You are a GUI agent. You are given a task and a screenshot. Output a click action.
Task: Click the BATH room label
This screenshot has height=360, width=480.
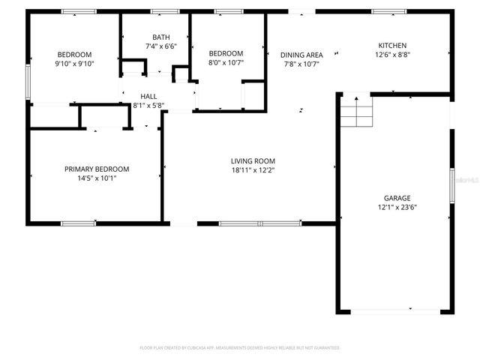tap(161, 37)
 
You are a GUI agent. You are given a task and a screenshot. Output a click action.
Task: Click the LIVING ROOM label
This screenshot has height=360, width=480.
tap(253, 160)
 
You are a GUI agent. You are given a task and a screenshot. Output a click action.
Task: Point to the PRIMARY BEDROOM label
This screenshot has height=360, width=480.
tap(96, 169)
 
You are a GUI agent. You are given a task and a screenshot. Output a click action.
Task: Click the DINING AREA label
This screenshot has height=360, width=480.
tap(301, 55)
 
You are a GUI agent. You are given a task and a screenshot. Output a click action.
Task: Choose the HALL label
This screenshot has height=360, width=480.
tap(148, 97)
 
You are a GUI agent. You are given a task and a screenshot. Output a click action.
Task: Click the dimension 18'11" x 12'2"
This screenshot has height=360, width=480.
tap(253, 169)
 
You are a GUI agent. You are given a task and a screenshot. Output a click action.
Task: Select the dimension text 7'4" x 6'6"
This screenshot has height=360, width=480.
tap(161, 46)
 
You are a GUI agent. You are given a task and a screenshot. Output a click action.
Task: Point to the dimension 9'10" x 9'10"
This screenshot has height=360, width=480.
tap(74, 63)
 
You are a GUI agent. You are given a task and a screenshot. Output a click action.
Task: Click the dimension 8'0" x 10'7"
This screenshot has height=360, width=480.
tap(226, 62)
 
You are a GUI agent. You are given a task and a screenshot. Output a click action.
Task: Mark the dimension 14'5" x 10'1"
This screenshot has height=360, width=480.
tap(96, 178)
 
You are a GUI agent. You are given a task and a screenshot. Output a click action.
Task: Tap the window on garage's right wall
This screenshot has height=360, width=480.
tap(452, 184)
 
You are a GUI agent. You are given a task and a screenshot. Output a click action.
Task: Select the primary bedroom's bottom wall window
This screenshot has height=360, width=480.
tap(78, 223)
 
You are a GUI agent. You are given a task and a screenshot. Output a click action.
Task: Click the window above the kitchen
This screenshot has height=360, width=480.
tap(388, 11)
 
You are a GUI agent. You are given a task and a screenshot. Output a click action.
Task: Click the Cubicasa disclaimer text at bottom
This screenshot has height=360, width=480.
tap(240, 348)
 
